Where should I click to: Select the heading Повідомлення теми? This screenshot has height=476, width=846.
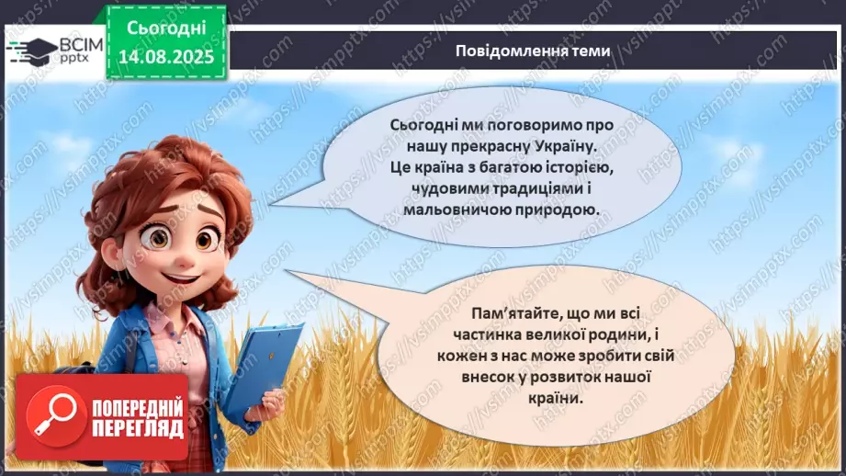(x=532, y=51)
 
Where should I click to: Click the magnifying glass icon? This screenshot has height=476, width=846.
(x=51, y=417)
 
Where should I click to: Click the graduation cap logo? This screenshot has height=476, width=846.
(x=29, y=49)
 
